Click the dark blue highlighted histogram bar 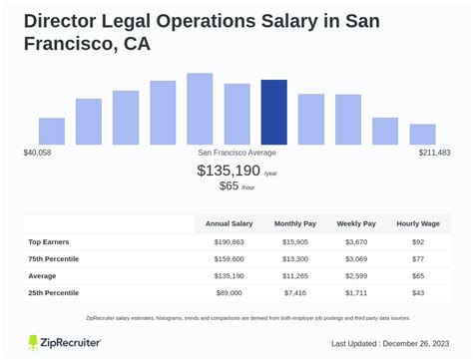tap(273, 112)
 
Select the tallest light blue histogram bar tap(200, 109)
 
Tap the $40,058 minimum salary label tap(38, 153)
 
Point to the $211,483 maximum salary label tap(434, 153)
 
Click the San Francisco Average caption tap(236, 153)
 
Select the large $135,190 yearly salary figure tap(229, 171)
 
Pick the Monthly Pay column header tap(295, 224)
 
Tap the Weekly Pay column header tap(356, 224)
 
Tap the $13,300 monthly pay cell tap(295, 259)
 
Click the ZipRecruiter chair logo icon tap(36, 342)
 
